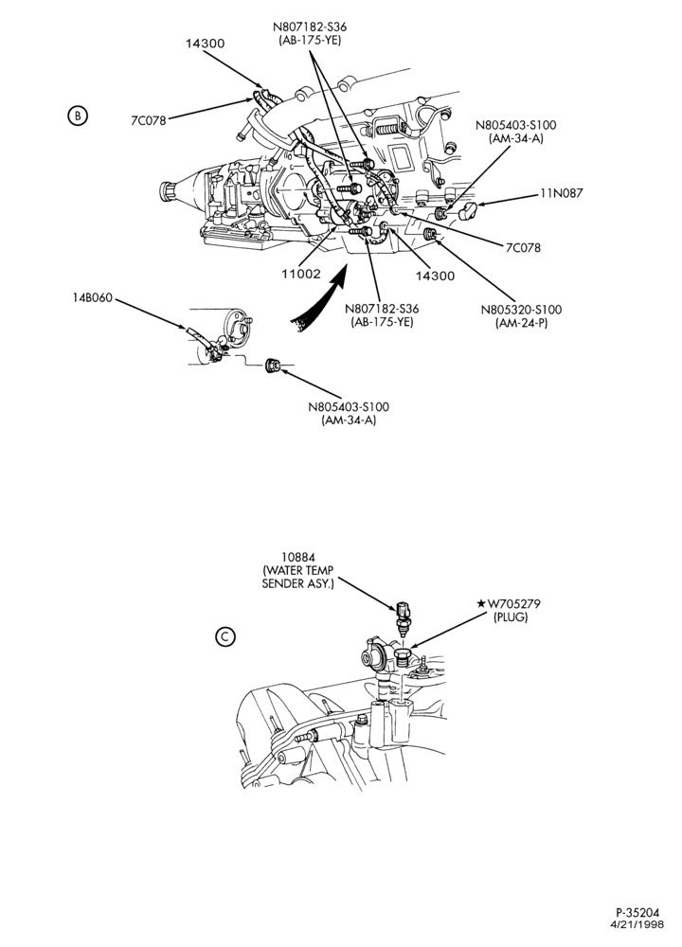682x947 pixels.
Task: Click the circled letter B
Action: (78, 115)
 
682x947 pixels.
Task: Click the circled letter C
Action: (224, 636)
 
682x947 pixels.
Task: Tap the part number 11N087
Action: (561, 193)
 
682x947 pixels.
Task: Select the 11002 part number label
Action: (301, 274)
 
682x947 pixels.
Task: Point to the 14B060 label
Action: (93, 298)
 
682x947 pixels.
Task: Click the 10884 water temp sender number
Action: (297, 557)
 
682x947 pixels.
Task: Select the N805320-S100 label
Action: (521, 310)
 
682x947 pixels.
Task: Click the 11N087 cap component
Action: (468, 211)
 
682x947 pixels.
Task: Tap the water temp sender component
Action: (403, 616)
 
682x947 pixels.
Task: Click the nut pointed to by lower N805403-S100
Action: (273, 365)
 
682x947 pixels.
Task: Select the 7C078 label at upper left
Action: (148, 120)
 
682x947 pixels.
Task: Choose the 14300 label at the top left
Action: (205, 44)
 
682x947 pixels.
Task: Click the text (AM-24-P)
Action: (521, 323)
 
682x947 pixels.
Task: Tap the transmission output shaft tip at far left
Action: (166, 192)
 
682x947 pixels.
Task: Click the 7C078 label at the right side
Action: (523, 247)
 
